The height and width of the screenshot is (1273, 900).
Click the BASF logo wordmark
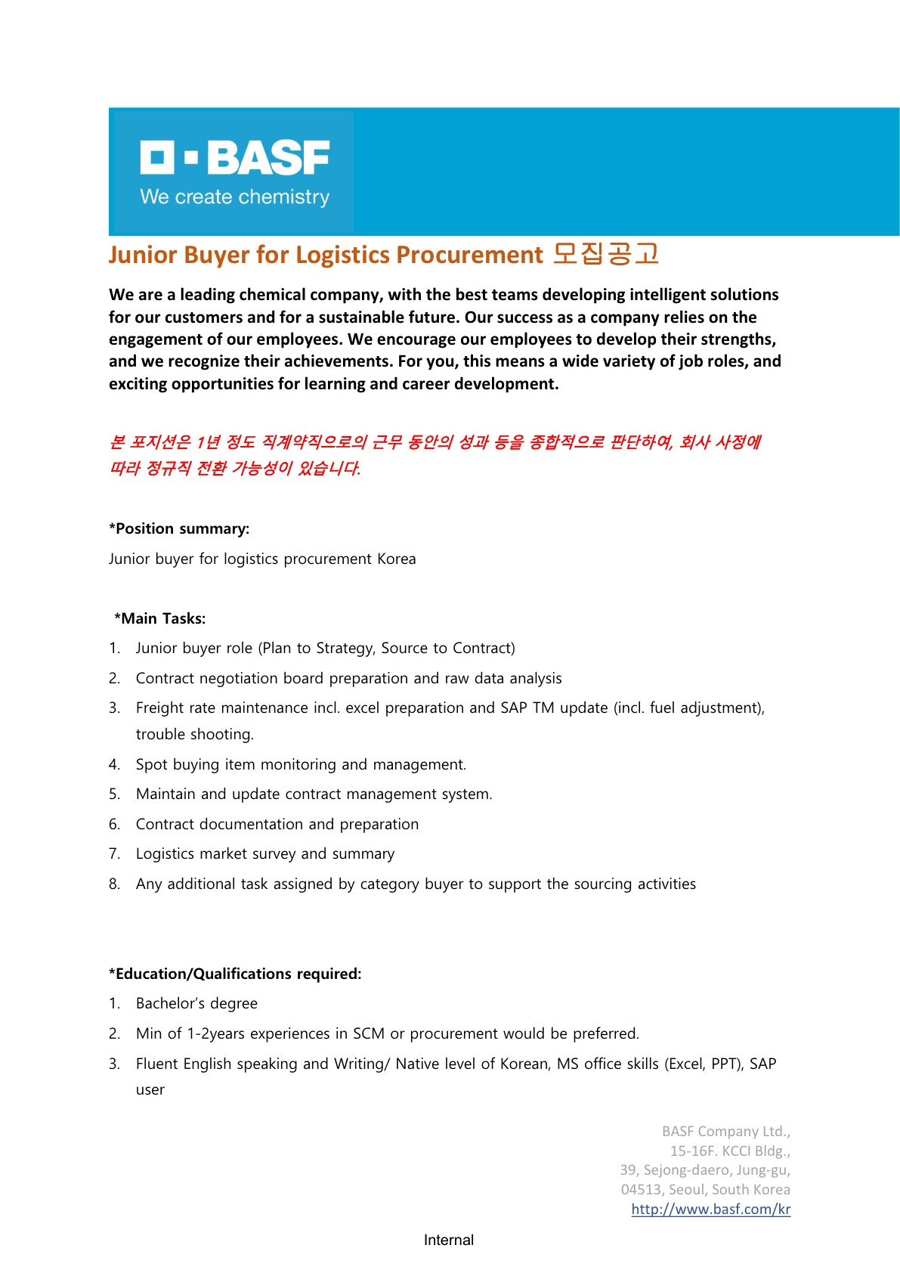click(x=235, y=157)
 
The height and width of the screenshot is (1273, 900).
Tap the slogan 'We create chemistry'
click(x=235, y=197)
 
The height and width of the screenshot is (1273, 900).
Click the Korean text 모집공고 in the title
click(x=606, y=254)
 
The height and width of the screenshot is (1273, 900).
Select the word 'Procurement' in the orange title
click(x=469, y=255)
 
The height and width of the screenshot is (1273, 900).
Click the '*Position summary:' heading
click(x=179, y=528)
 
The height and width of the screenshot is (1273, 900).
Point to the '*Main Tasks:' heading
click(x=160, y=618)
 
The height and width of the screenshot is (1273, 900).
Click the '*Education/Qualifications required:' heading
click(x=235, y=974)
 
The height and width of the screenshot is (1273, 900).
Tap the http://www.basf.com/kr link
click(x=710, y=1209)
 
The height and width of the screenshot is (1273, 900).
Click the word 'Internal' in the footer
click(x=449, y=1240)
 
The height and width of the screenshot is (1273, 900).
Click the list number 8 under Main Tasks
click(x=114, y=884)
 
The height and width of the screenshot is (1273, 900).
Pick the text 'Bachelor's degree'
click(x=196, y=1003)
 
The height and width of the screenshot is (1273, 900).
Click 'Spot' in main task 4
click(x=151, y=764)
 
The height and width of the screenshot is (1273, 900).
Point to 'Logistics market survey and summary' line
click(x=265, y=853)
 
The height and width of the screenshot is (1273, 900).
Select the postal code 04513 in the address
click(x=642, y=1189)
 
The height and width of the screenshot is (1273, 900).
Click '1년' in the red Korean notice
click(x=208, y=441)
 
